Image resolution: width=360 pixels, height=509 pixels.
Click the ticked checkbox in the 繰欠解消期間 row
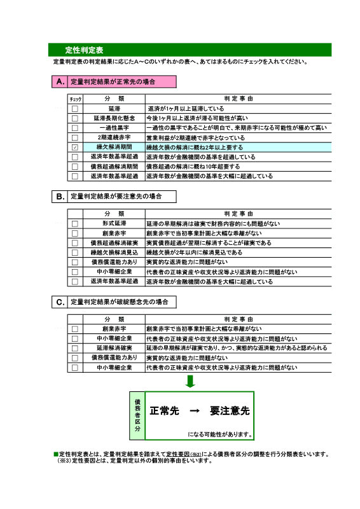[75, 148]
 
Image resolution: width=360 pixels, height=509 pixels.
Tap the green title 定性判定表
[84, 50]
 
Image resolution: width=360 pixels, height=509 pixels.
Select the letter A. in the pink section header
[60, 81]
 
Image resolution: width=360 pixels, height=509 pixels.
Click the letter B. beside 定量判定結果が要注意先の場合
[60, 197]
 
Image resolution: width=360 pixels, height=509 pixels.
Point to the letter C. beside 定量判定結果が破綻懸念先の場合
[60, 302]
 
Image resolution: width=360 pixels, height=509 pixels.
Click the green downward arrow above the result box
[190, 381]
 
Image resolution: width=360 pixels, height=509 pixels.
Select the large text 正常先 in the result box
[164, 410]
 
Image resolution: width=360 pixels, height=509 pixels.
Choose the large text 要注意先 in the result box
[230, 410]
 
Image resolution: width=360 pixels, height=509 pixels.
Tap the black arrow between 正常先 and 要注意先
[195, 411]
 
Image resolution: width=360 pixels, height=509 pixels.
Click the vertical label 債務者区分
[137, 415]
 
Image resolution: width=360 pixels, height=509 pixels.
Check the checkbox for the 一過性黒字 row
[75, 128]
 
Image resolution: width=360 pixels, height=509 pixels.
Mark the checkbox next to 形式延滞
[75, 224]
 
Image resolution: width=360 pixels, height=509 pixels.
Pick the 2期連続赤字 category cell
[114, 137]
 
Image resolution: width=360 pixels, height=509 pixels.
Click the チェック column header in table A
[75, 99]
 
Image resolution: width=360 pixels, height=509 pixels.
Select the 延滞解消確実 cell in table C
[114, 348]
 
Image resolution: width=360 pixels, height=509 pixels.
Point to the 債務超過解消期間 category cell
[114, 167]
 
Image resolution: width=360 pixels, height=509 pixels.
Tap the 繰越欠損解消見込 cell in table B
[114, 252]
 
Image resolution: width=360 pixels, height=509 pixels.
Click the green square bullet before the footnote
[56, 454]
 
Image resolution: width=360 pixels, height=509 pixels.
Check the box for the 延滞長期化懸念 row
[75, 118]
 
